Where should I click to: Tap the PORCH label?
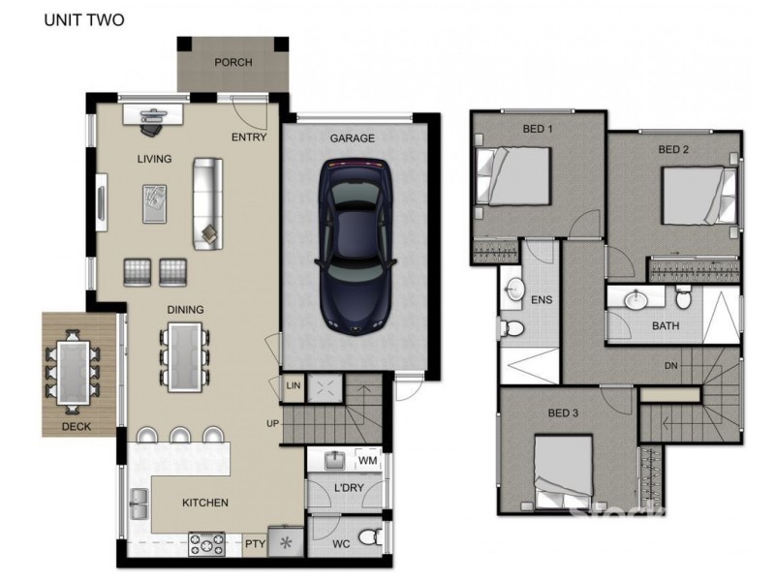232,63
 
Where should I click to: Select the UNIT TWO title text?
83,19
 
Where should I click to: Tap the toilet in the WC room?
366,536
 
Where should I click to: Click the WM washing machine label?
366,460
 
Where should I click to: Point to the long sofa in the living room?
206,201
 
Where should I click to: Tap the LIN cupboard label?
294,386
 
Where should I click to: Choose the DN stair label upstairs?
670,366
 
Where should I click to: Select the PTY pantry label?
254,543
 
